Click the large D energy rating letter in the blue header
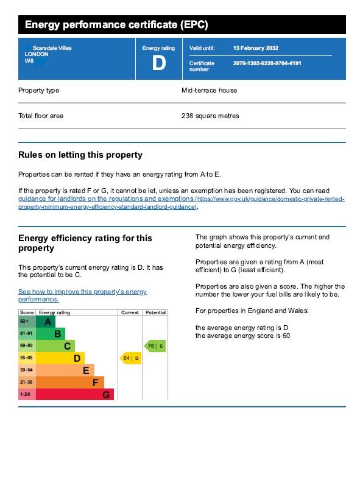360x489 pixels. coord(159,63)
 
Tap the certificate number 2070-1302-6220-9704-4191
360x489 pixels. coord(267,63)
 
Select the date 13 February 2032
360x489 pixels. coord(255,48)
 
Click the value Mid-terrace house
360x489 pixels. coord(209,90)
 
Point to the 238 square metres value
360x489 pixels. coord(210,116)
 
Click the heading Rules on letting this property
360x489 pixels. coord(80,155)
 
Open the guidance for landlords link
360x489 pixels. coord(182,203)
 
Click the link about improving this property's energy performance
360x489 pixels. coord(83,295)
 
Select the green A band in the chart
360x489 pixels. coord(46,322)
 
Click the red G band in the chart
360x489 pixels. coord(75,395)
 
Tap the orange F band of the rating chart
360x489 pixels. coord(70,382)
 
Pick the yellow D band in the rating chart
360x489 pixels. coord(60,358)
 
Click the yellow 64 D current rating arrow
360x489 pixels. coord(130,358)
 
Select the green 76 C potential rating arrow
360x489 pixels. coord(155,346)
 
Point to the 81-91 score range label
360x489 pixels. coord(26,333)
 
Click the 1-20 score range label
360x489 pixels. coord(25,394)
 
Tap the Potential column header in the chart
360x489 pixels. coord(156,312)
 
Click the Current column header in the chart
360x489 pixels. coord(130,312)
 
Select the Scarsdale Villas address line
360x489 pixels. coord(52,48)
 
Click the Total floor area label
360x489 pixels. coord(41,116)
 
